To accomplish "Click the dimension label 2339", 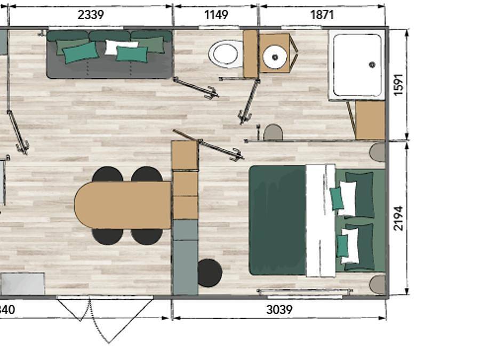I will click(91, 14).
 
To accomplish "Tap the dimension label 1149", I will click(216, 14).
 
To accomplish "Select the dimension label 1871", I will click(322, 14).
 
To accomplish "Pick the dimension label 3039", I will click(278, 309).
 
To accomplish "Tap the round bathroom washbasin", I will click(275, 55).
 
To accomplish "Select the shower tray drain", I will click(372, 65).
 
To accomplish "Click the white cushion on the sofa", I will click(121, 47).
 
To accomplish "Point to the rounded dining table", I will click(122, 205).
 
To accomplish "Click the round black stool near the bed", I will click(210, 273).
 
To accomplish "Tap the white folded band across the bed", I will click(321, 220).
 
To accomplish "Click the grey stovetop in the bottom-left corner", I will click(22, 284).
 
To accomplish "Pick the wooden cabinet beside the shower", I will click(370, 121).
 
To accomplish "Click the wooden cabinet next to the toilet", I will click(250, 53).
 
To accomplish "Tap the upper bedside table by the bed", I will click(378, 152).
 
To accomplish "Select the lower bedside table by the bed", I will click(378, 285).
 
